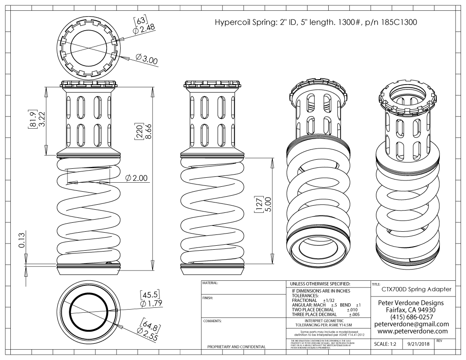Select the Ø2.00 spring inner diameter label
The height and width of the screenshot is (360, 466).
137,178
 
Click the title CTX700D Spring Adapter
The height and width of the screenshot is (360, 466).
416,289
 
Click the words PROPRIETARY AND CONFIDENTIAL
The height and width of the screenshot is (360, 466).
235,347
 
